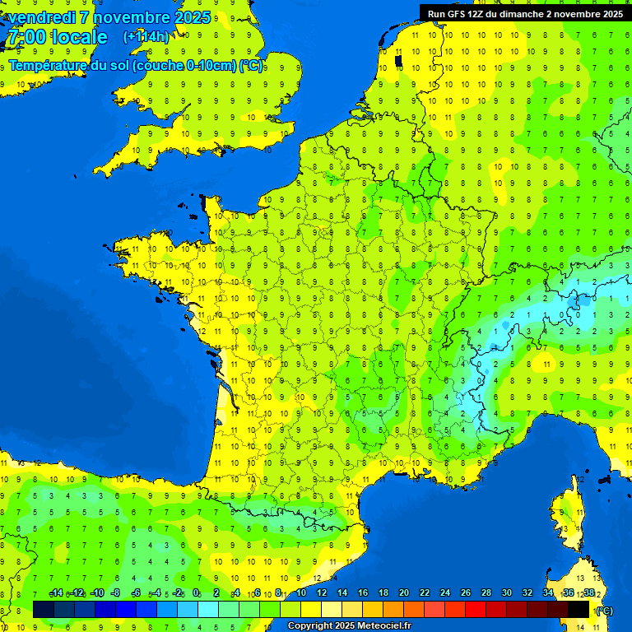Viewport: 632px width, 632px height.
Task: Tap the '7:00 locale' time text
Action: coord(57,37)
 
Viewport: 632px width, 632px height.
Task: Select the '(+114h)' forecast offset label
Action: coord(146,37)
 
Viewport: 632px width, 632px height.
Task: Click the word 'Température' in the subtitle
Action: coord(49,65)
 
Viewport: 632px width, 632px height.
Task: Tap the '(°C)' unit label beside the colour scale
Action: coord(603,610)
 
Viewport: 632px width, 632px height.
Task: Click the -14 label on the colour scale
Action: coord(56,593)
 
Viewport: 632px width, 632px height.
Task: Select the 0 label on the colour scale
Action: coord(196,593)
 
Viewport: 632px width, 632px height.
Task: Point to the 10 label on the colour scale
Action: coord(301,593)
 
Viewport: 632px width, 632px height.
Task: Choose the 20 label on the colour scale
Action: coord(403,593)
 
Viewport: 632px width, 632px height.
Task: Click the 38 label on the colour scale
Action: coord(588,593)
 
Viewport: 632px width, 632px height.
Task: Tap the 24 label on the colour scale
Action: coord(444,593)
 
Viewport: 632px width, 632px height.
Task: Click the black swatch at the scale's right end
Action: coord(579,609)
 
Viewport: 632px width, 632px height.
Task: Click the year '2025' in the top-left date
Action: coord(192,17)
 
